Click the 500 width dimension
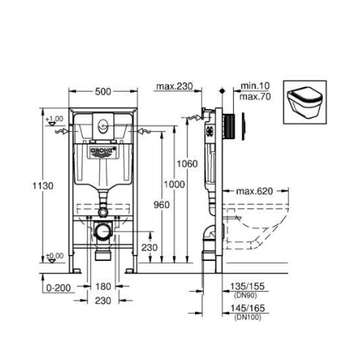tap(103, 92)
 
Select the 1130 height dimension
tap(43, 186)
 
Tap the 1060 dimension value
tap(187, 164)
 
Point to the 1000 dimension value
tap(174, 184)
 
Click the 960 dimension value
tap(161, 205)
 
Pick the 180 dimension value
tap(103, 287)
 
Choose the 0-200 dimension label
tap(59, 288)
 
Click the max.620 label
tap(254, 191)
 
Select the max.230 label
tap(175, 86)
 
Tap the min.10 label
tap(255, 86)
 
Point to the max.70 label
tap(255, 97)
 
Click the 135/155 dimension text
tap(247, 286)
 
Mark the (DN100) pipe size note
tap(248, 317)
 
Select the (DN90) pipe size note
tap(245, 295)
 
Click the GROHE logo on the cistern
tap(102, 151)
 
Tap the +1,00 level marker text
tap(55, 119)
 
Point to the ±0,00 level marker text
tap(55, 256)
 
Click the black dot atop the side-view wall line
tap(222, 91)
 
